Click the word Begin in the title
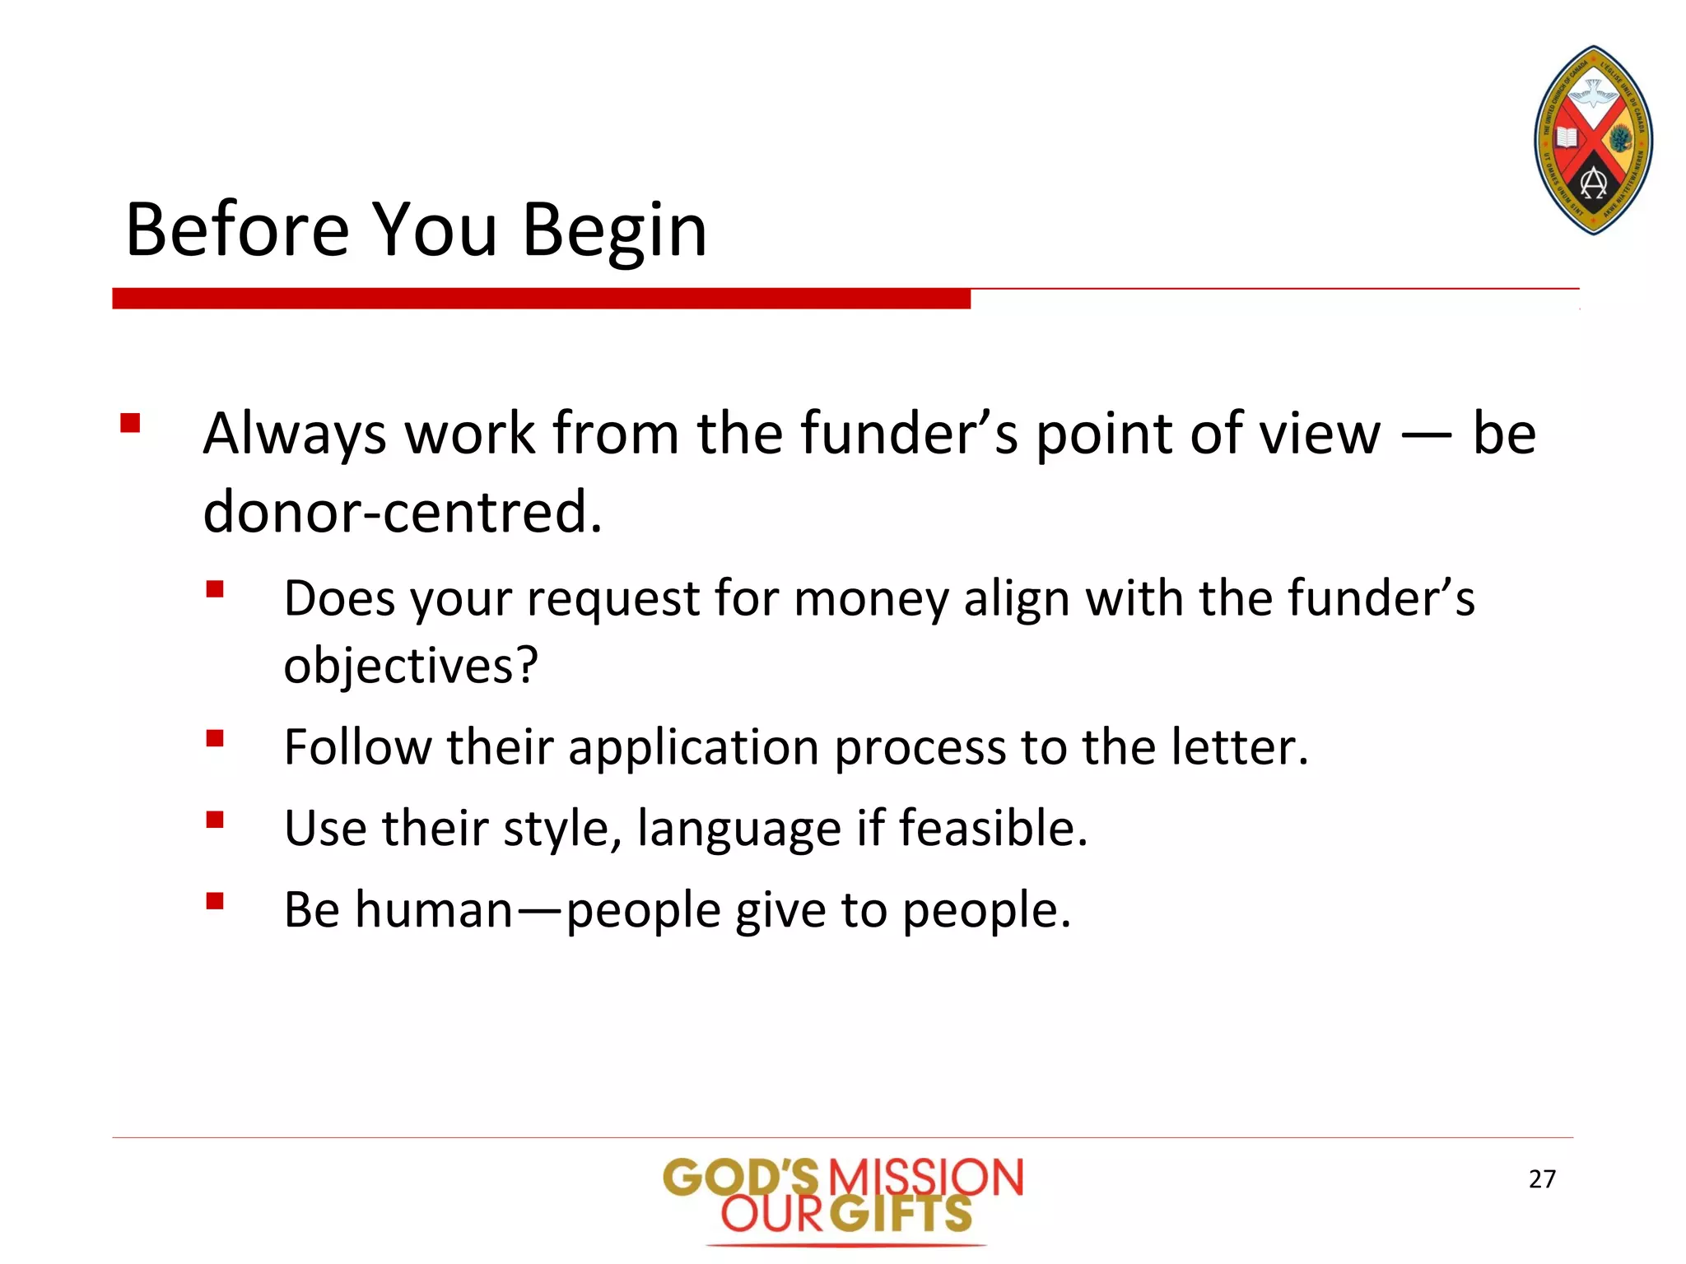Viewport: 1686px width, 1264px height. pos(614,232)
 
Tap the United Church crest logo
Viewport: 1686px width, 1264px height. pos(1593,141)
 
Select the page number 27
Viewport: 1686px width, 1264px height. pos(1542,1179)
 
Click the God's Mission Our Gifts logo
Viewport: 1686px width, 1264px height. pos(843,1198)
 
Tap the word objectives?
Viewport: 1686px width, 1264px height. pos(411,666)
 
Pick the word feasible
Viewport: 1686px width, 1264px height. pos(992,829)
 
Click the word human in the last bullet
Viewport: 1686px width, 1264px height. pos(434,910)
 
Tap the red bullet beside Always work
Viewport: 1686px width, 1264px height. pos(130,424)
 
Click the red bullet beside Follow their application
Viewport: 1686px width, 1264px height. pos(215,738)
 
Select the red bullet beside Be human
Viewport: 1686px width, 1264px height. pos(215,901)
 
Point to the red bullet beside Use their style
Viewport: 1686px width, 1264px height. pos(215,820)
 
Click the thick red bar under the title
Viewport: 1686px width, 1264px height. pos(541,299)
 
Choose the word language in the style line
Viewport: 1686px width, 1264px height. pos(738,829)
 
